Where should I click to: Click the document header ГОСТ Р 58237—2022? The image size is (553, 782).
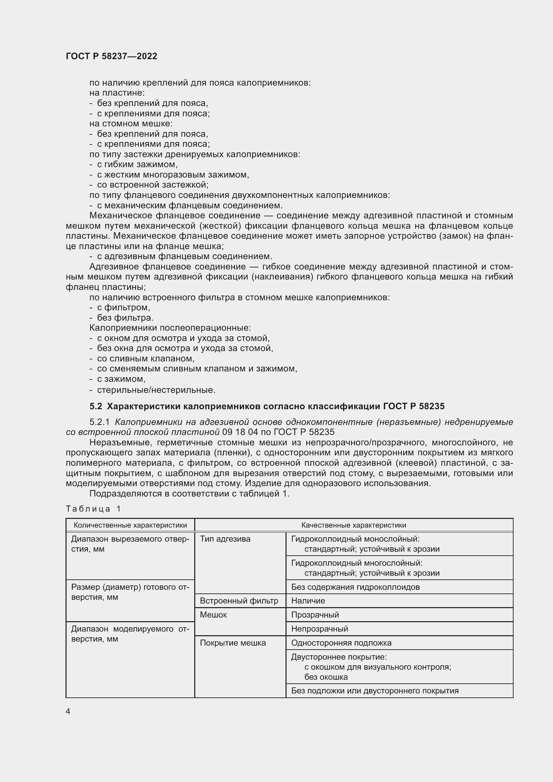(x=111, y=56)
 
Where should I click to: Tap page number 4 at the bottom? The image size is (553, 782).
(x=68, y=711)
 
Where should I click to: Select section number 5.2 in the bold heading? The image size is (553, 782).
(x=96, y=406)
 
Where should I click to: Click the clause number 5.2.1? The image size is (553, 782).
(x=99, y=422)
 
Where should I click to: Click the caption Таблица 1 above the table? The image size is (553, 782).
(x=93, y=509)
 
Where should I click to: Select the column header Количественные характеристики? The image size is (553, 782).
(x=130, y=525)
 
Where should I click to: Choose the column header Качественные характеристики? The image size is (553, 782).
(x=353, y=525)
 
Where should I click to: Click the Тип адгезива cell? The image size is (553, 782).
(x=225, y=539)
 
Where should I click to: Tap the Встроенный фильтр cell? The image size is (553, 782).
(x=239, y=600)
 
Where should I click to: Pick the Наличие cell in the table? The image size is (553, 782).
(x=308, y=600)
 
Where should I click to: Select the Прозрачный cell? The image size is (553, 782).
(x=315, y=615)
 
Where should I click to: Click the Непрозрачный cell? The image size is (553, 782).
(x=319, y=629)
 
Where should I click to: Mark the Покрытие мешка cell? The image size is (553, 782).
(x=233, y=643)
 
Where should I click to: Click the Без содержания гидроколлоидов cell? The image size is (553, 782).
(x=355, y=587)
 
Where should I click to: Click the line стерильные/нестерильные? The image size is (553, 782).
(x=156, y=389)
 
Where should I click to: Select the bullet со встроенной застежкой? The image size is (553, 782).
(x=152, y=185)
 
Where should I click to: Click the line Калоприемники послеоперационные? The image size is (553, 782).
(x=170, y=328)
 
